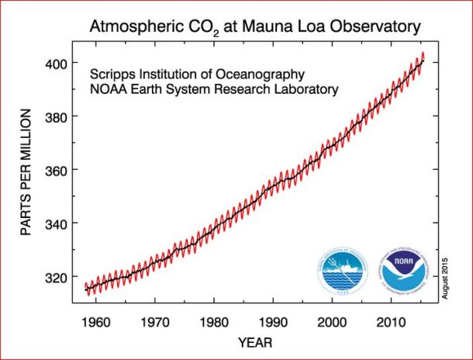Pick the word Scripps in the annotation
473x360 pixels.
pos(115,74)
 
